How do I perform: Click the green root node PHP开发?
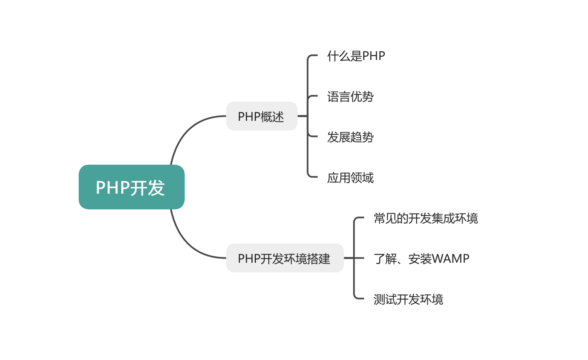131,187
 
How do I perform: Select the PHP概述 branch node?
261,116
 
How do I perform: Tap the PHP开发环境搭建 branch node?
284,258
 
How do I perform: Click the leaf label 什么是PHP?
356,56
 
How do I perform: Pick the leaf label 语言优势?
350,96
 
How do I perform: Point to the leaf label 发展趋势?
350,137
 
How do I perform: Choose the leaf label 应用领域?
350,178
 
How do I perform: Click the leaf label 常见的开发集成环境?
425,218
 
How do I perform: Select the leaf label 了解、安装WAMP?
421,259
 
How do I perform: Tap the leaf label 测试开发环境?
408,299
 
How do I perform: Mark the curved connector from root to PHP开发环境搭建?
186,244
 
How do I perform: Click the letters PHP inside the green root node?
113,187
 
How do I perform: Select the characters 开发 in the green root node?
148,187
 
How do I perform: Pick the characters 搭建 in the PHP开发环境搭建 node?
319,259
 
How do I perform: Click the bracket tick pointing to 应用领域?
312,177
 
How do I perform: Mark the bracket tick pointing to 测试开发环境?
359,298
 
